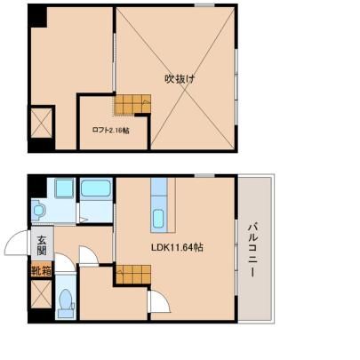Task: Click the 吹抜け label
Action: (180, 79)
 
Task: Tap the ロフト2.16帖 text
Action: (110, 131)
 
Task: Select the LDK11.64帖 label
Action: (177, 247)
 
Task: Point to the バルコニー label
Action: (252, 251)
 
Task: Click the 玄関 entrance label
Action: (42, 245)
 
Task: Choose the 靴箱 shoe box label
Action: (42, 271)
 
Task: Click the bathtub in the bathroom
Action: (96, 188)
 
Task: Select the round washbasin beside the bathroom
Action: (38, 211)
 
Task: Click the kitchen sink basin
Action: (158, 219)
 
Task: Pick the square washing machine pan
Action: (64, 188)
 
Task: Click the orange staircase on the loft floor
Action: (132, 104)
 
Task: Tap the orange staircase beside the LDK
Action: (133, 274)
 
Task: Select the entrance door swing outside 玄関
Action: (17, 243)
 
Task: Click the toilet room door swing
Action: (66, 262)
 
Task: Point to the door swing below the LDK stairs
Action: (159, 301)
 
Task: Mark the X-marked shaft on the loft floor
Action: (42, 124)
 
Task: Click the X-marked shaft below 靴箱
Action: (42, 294)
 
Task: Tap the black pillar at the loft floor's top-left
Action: (37, 16)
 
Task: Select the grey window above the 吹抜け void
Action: (204, 5)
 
